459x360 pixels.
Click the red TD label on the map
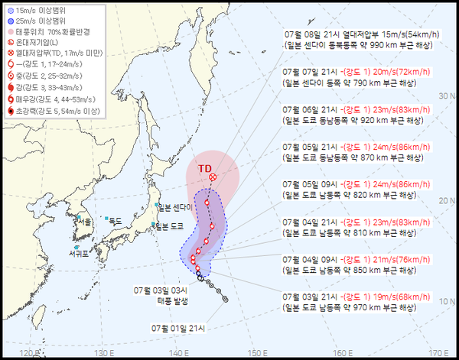point(204,168)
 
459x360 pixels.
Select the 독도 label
point(115,220)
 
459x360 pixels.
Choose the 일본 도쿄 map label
point(171,225)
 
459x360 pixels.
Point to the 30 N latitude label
point(447,96)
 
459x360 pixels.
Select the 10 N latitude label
point(447,301)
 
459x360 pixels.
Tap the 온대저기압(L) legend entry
point(43,43)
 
